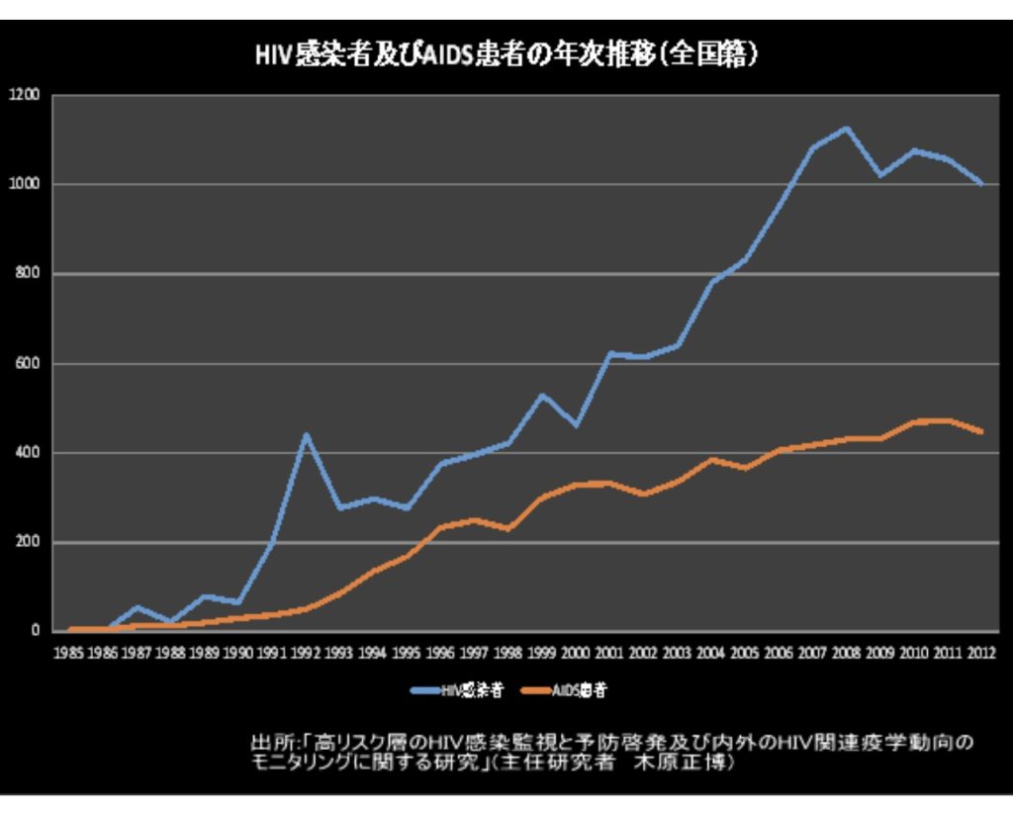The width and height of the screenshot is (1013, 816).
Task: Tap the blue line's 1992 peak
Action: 307,434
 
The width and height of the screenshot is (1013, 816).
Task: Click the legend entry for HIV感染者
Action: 458,690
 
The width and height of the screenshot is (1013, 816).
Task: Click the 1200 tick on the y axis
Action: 24,95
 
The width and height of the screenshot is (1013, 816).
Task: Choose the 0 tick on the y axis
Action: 35,631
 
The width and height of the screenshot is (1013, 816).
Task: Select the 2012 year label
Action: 982,654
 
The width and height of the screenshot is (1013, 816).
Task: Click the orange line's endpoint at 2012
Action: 981,432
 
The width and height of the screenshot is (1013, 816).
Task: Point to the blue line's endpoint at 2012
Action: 981,184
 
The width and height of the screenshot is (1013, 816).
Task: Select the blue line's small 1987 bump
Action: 138,607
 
